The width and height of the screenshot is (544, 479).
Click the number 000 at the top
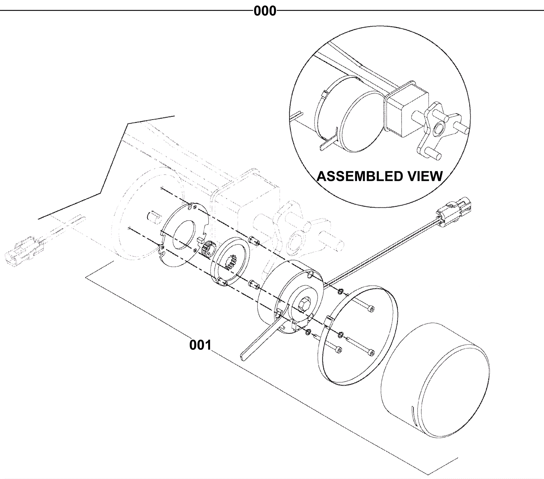pos(265,11)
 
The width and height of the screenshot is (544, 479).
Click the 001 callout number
pos(200,345)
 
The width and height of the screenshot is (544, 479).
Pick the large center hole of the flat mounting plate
pos(184,234)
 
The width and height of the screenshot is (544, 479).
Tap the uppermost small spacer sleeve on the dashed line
pos(254,240)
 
